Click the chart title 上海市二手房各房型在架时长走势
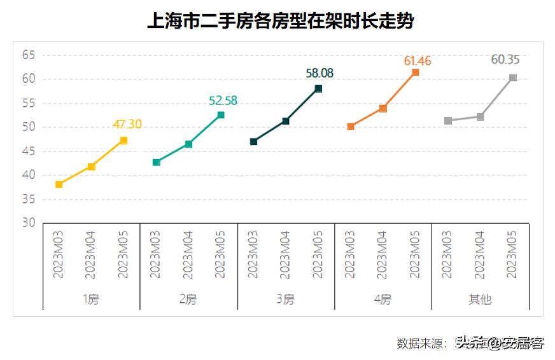pos(280,22)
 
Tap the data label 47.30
pos(127,124)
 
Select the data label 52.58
pos(223,100)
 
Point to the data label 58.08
pos(320,73)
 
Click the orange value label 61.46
pos(418,61)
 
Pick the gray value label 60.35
pos(505,60)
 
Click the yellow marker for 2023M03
pos(59,184)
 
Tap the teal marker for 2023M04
pos(188,144)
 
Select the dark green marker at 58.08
pos(318,88)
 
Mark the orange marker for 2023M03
pos(351,127)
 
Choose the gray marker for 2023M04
pos(481,117)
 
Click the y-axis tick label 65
pos(28,55)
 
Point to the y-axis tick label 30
pos(28,223)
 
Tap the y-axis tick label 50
pos(28,127)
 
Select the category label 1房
pos(91,299)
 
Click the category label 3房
pos(286,299)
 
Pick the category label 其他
pos(480,299)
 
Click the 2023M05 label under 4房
pos(415,254)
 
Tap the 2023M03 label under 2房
pos(155,254)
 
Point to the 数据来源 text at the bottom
pos(421,343)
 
